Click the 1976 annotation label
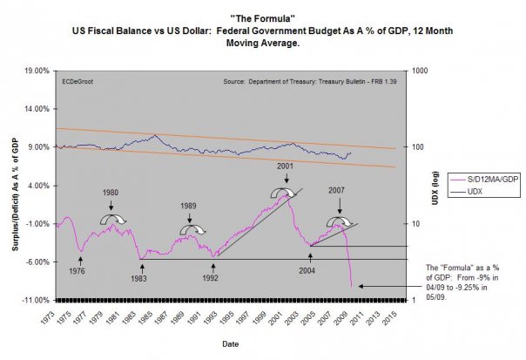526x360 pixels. click(x=78, y=271)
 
